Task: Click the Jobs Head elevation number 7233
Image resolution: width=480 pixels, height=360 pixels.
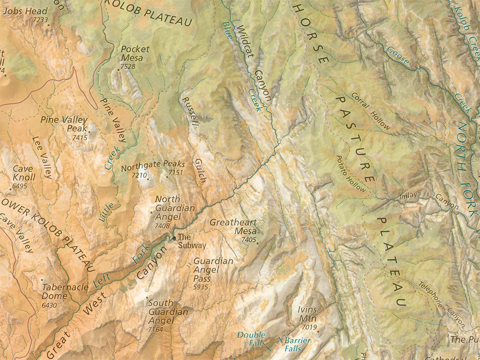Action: pyautogui.click(x=41, y=20)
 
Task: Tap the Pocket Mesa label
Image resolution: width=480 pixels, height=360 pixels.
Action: pyautogui.click(x=135, y=53)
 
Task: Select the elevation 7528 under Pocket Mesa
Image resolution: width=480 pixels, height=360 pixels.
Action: pyautogui.click(x=127, y=67)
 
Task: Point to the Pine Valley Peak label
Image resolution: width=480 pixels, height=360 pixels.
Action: pyautogui.click(x=64, y=124)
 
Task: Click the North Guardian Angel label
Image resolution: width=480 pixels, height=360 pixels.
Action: pyautogui.click(x=174, y=208)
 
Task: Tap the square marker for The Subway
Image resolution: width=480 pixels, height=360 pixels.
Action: pyautogui.click(x=174, y=238)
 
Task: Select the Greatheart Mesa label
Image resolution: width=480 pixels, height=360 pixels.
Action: pyautogui.click(x=233, y=227)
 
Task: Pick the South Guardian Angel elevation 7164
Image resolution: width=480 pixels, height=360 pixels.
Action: pyautogui.click(x=155, y=330)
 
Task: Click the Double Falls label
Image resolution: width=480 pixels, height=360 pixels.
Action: pyautogui.click(x=251, y=339)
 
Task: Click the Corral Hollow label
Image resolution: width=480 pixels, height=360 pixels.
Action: pyautogui.click(x=370, y=111)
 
